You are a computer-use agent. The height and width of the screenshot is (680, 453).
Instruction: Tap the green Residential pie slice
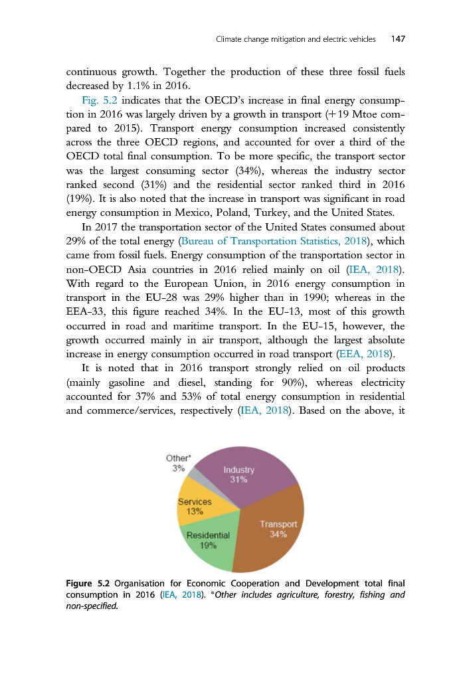coord(206,541)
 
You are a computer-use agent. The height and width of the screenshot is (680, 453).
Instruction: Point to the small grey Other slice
coord(193,476)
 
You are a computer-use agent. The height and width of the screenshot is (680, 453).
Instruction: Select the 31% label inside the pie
coord(238,479)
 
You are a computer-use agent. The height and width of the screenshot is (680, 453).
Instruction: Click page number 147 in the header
coord(398,39)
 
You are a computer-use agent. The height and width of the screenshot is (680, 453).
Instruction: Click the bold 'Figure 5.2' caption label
coord(90,584)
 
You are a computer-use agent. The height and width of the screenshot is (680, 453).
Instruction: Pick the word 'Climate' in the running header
coord(230,39)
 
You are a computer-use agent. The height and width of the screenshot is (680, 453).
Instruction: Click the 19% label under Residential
coord(209,545)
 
